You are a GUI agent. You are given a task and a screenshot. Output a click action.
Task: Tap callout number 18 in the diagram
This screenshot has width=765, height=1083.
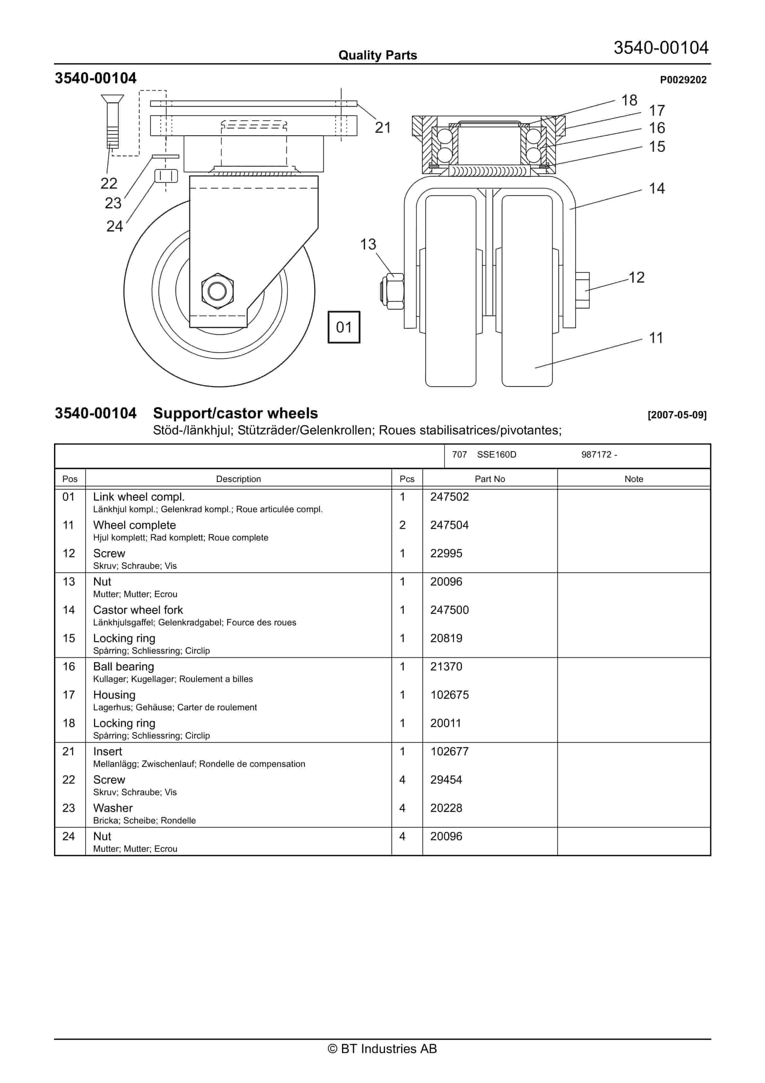coord(629,100)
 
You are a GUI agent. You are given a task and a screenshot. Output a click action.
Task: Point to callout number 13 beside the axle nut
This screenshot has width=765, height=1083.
coord(368,244)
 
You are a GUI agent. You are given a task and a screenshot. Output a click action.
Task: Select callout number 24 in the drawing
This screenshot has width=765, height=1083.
coord(115,226)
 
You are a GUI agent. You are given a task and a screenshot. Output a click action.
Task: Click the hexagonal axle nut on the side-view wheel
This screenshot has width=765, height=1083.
coord(217,291)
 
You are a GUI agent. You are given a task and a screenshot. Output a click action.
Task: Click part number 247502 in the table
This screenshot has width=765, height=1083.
coord(449,497)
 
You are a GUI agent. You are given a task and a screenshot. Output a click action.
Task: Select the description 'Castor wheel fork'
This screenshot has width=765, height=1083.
coord(138,610)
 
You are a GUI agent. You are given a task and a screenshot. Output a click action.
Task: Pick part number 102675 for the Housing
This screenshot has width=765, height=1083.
coord(449,695)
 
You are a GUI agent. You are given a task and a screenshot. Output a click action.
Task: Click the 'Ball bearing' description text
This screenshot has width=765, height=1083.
coord(123,667)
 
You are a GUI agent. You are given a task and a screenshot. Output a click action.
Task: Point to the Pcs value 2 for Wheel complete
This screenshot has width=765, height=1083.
coord(402,525)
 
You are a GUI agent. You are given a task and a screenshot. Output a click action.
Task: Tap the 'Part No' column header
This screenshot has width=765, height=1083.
coord(490,479)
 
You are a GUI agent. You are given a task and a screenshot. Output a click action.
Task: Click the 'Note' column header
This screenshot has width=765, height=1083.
coord(634,479)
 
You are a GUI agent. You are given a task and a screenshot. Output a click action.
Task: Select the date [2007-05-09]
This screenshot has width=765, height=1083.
coord(677,415)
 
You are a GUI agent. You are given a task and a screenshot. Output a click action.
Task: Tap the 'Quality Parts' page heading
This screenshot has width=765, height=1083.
coord(377,55)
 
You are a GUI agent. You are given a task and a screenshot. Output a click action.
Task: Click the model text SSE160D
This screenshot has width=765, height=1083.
coord(496,454)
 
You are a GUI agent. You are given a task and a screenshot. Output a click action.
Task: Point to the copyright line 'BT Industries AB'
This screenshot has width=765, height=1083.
coord(382,1049)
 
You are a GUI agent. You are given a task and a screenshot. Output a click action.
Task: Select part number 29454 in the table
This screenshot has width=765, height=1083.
coord(446,780)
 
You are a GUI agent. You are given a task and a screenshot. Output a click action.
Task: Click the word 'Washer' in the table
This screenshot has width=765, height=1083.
coord(113,808)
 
